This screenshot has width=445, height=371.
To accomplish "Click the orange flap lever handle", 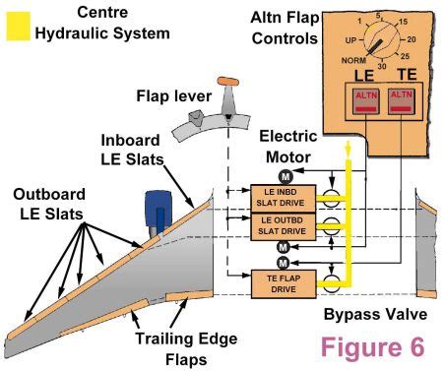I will click(x=229, y=80).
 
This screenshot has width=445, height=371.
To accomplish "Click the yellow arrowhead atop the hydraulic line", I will click(x=347, y=149).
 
